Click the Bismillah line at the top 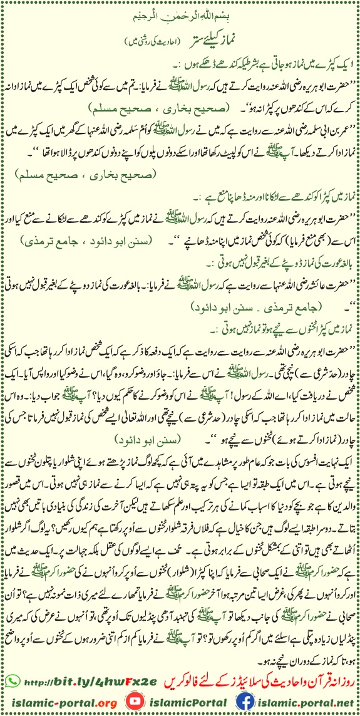coord(180,12)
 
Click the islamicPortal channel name coord(179,702)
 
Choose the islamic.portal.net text coord(301,702)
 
